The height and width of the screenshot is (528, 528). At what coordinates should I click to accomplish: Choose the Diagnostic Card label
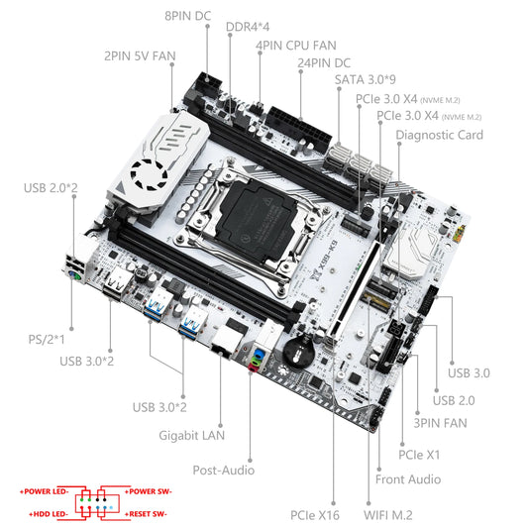(439, 134)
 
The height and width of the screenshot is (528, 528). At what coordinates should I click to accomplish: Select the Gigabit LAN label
(192, 433)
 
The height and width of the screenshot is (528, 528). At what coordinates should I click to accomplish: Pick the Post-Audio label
(224, 471)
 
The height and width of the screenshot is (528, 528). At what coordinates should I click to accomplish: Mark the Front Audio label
(408, 478)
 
